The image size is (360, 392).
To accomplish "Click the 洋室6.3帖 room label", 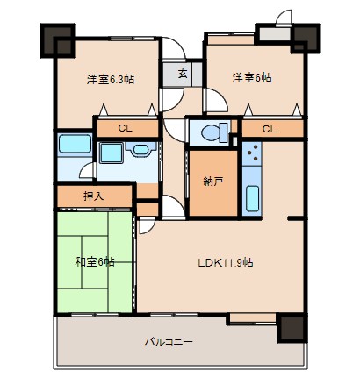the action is (111, 79).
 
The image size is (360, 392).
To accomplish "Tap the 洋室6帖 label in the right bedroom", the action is (252, 78).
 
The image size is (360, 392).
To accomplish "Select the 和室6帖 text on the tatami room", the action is (95, 261).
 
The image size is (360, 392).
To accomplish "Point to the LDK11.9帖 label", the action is (226, 262).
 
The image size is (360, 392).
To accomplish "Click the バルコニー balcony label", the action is (169, 341).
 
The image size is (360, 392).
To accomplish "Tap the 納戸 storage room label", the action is (213, 182).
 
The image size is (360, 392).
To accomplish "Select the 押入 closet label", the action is (94, 196).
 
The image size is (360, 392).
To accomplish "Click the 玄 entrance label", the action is (183, 73).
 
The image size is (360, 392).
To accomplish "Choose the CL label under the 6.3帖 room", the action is (125, 128).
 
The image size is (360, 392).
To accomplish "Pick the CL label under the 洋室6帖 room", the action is (270, 129).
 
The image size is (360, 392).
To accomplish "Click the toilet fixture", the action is (214, 132).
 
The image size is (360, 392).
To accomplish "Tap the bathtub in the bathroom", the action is (75, 144).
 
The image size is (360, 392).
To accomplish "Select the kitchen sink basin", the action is (252, 198).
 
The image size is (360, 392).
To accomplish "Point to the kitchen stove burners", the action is (252, 153).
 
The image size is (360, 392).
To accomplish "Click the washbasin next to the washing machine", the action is (140, 149).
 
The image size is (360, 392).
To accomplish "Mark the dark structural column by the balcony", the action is (292, 327).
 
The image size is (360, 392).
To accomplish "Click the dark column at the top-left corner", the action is (57, 40).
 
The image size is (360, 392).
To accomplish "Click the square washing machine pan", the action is (112, 153).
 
